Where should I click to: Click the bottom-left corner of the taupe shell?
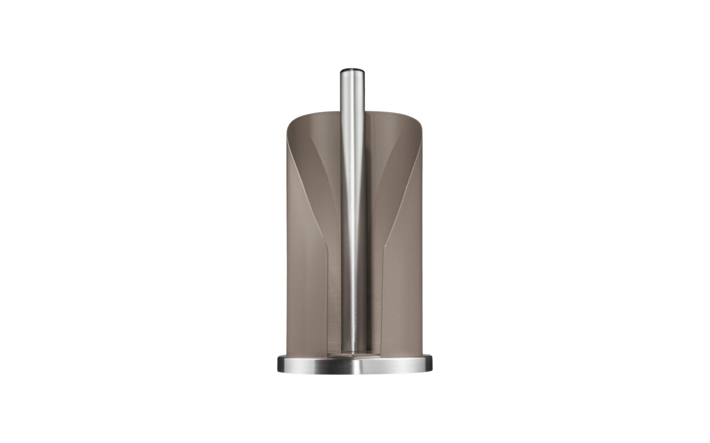(288, 354)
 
